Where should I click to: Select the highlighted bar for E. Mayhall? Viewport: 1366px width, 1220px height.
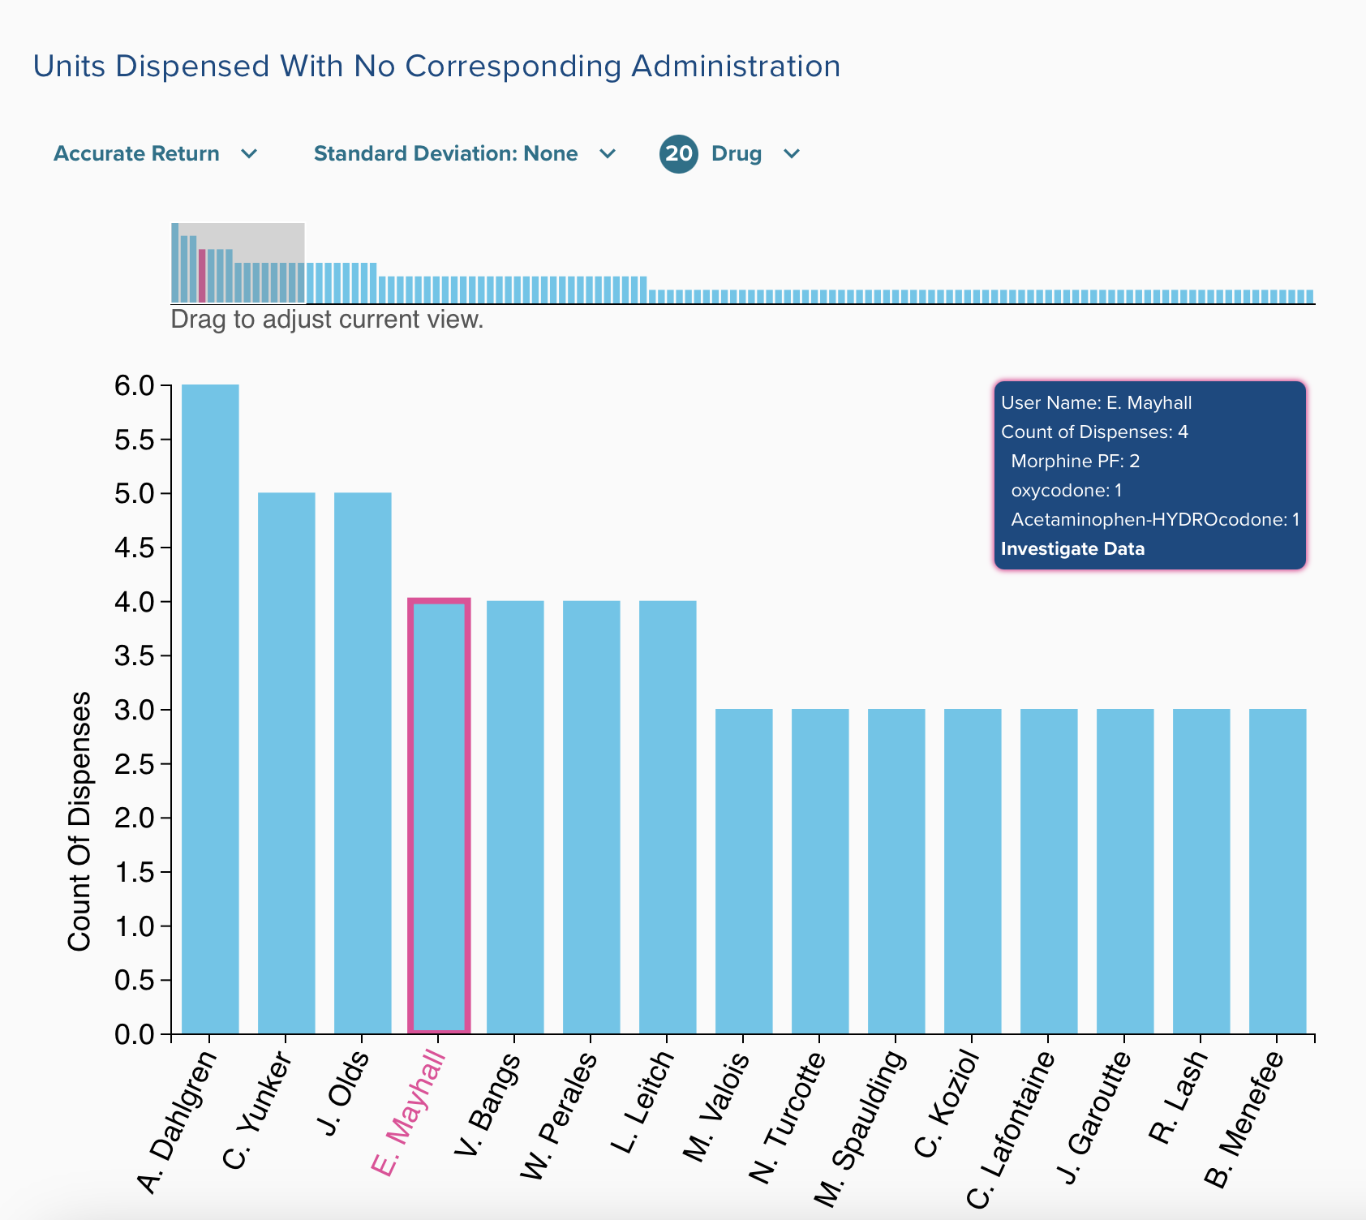[439, 816]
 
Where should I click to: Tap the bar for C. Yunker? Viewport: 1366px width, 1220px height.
[286, 762]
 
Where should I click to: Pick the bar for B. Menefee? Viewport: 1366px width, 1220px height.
[1278, 871]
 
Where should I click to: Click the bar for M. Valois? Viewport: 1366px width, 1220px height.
[744, 871]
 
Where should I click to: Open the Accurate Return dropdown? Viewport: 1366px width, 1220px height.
[155, 154]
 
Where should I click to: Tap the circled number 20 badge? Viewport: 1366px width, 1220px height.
[679, 154]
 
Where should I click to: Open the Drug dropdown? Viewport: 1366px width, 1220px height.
[755, 154]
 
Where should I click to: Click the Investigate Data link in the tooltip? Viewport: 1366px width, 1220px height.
[1072, 549]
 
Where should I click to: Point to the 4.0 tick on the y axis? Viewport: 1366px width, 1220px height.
[135, 602]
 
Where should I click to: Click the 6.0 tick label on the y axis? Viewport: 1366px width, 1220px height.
[135, 385]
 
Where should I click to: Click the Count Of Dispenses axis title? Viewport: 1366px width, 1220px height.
[79, 821]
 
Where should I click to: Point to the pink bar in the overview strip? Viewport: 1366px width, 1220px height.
[202, 276]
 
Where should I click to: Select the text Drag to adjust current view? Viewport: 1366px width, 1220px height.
[327, 320]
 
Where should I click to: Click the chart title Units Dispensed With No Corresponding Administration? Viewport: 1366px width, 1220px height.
[436, 67]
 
